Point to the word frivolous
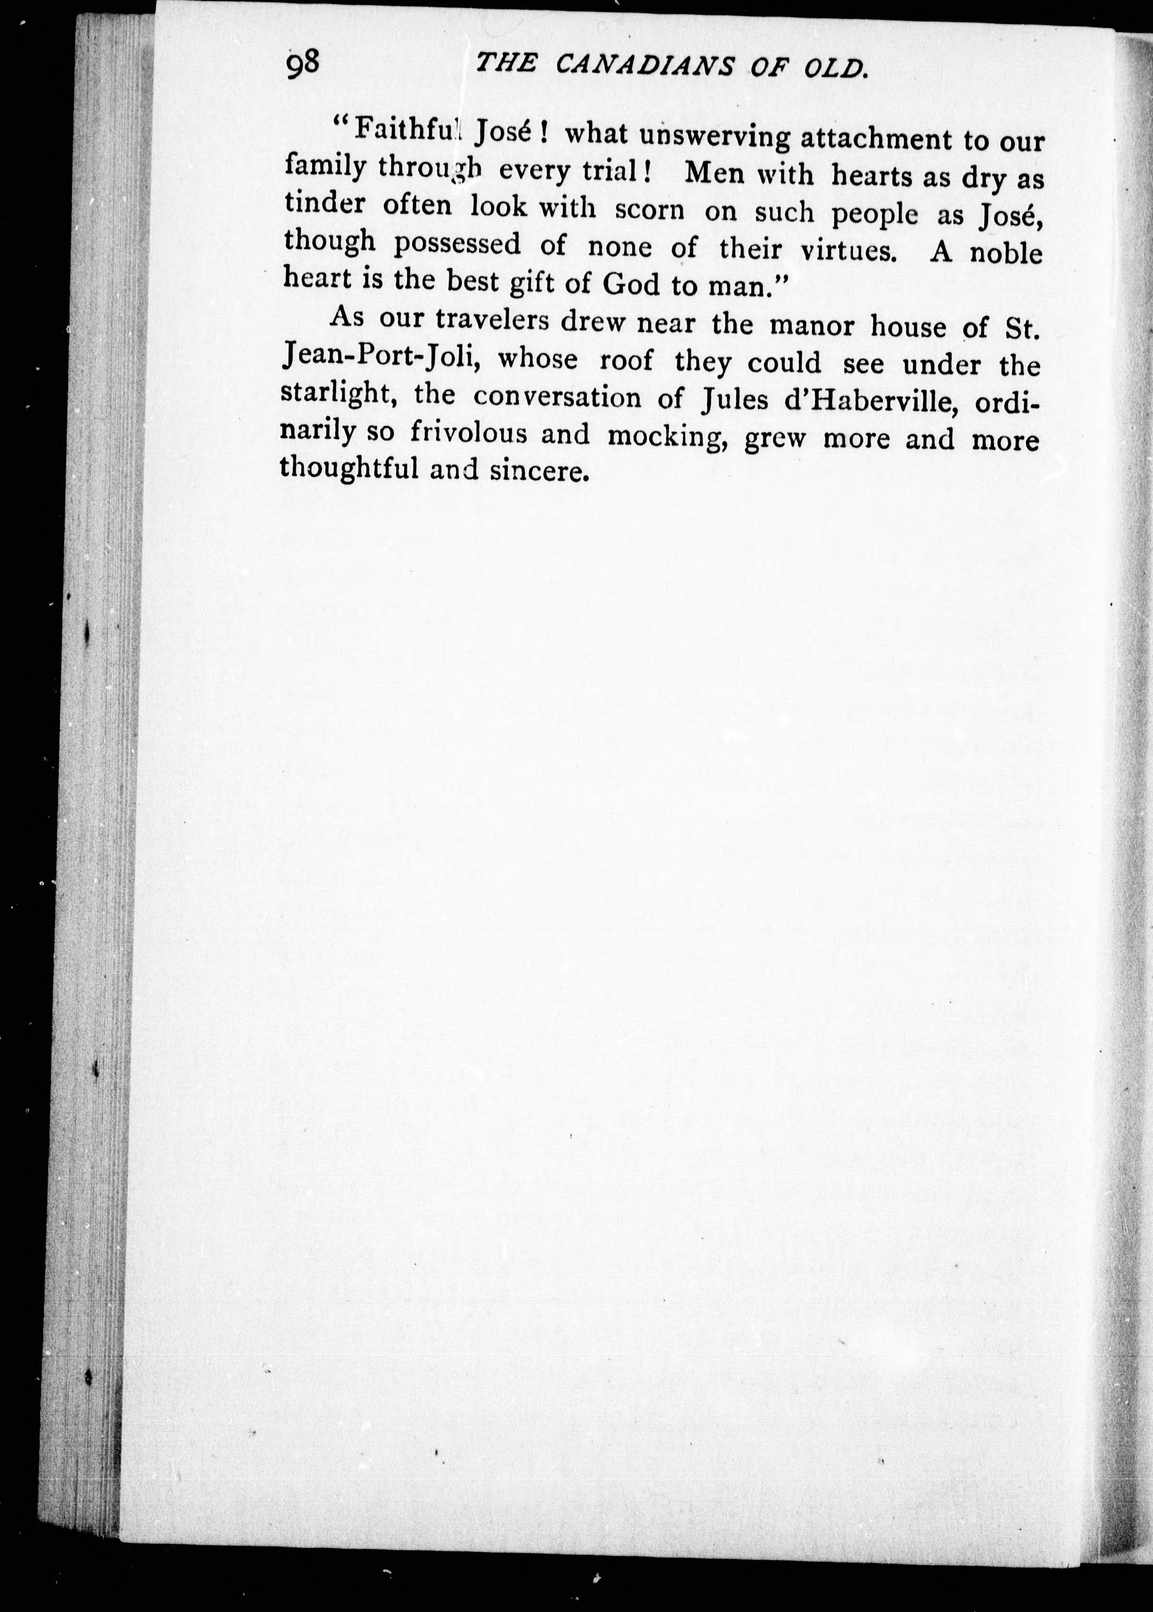(x=469, y=433)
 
